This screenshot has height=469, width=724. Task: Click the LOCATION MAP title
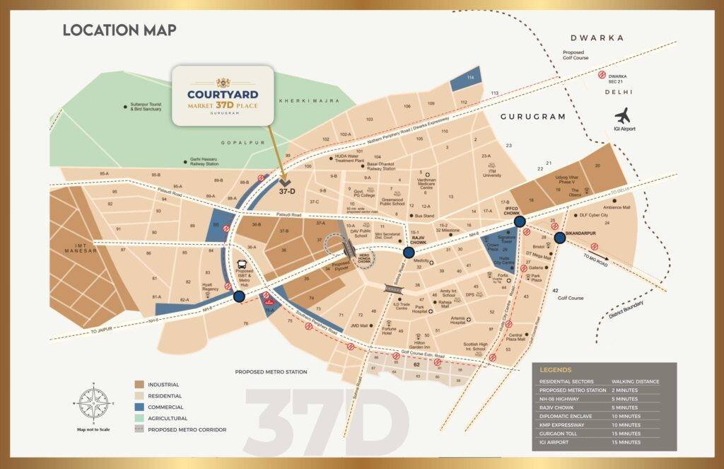click(119, 30)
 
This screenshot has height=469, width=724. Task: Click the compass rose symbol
click(92, 403)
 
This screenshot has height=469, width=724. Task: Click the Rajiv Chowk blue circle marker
click(409, 253)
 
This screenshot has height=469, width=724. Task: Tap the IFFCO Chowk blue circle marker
click(520, 221)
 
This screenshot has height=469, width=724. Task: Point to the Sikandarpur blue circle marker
click(560, 238)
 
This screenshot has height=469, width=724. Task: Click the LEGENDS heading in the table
click(556, 369)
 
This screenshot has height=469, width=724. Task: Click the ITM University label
click(493, 173)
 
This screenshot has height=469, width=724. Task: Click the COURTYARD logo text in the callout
click(223, 93)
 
